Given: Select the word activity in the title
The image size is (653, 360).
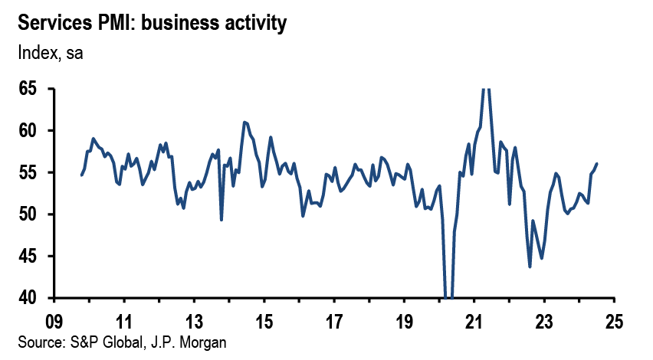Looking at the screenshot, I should point(250,24).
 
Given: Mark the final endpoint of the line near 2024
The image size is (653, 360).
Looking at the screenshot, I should point(597,163).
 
